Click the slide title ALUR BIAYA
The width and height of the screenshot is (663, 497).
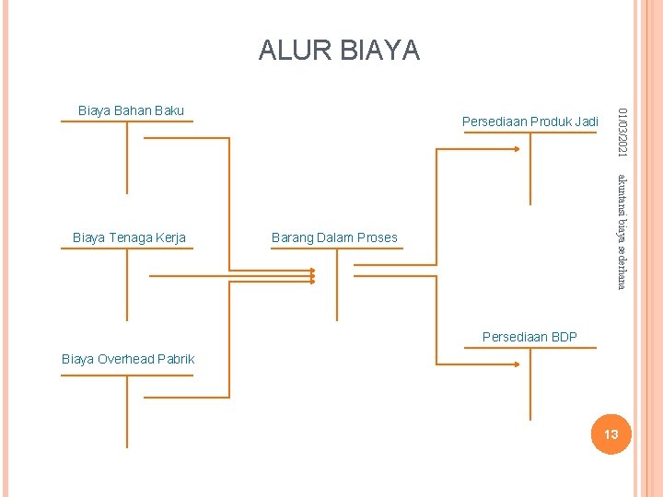tap(339, 50)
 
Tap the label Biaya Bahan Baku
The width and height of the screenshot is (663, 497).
tap(131, 110)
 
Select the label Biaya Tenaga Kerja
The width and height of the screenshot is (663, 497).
tap(129, 237)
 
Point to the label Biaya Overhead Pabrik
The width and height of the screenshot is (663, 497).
tap(128, 359)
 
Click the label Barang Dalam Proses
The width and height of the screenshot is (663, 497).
tap(334, 237)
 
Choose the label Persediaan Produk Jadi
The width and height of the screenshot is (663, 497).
tap(529, 121)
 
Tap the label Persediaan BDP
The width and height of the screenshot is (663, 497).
tap(529, 337)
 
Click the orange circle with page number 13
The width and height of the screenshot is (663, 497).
tap(610, 433)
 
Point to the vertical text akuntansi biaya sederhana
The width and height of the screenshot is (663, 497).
tap(623, 230)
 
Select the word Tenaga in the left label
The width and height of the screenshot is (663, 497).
tap(132, 237)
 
